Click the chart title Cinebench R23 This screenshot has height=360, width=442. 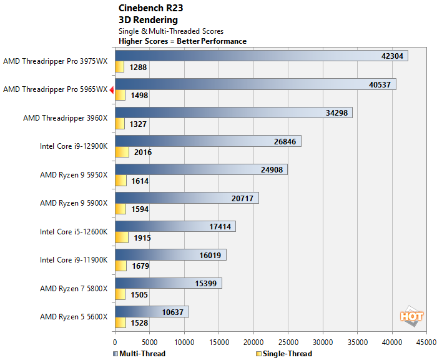coord(152,9)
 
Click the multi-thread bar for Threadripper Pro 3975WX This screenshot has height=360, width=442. coord(261,56)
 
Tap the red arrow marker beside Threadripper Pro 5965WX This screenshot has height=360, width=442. coord(111,90)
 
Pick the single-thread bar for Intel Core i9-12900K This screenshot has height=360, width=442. coord(122,152)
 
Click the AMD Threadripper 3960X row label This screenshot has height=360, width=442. coord(66,118)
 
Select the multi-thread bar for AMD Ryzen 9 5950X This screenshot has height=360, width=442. coord(201,170)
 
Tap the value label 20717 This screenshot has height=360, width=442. coord(242,198)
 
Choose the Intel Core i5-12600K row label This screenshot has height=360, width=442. coord(74,232)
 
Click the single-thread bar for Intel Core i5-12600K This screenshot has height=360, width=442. coord(121,237)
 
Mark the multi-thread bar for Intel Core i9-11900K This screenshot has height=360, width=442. coord(170,255)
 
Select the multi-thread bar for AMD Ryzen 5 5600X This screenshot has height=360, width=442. coord(152,311)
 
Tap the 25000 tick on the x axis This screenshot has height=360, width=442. coord(288,342)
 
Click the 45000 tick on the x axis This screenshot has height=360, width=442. coord(426,342)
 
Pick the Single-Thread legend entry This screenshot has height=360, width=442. coord(284,354)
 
